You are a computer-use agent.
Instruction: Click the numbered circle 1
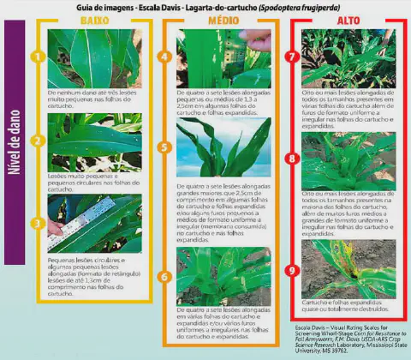(36, 57)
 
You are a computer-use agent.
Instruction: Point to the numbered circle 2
(36, 141)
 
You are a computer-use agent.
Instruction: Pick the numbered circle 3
(36, 222)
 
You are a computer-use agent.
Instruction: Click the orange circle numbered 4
(165, 57)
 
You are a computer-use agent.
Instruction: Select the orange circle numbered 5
(165, 147)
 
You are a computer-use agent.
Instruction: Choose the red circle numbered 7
(292, 57)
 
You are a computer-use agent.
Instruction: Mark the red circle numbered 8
(292, 159)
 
